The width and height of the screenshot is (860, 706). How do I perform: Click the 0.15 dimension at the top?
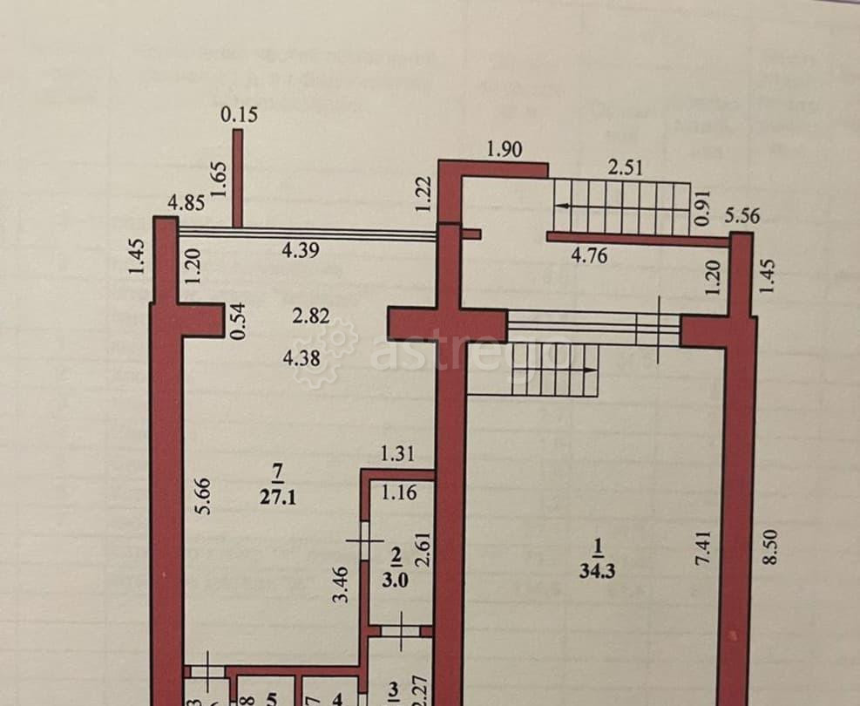pyautogui.click(x=239, y=114)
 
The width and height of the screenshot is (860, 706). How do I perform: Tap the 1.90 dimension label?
pyautogui.click(x=504, y=149)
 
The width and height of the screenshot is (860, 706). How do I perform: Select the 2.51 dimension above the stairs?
pyautogui.click(x=625, y=166)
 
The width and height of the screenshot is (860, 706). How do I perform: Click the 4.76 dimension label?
pyautogui.click(x=589, y=256)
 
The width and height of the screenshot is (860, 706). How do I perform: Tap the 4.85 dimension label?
pyautogui.click(x=186, y=203)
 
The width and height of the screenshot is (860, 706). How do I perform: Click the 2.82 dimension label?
pyautogui.click(x=311, y=316)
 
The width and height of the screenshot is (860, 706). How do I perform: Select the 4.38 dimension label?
pyautogui.click(x=301, y=357)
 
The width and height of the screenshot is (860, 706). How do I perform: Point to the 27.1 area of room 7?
pyautogui.click(x=278, y=497)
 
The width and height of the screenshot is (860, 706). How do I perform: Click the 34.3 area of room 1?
pyautogui.click(x=597, y=571)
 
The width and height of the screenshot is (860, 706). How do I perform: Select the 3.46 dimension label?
pyautogui.click(x=342, y=585)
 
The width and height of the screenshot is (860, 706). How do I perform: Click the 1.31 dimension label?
pyautogui.click(x=396, y=453)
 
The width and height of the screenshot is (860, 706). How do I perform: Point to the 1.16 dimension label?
pyautogui.click(x=399, y=492)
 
